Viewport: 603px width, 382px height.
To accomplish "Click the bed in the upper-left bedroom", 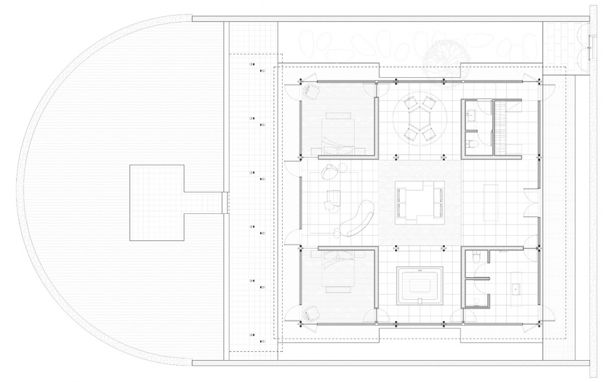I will pyautogui.click(x=340, y=132).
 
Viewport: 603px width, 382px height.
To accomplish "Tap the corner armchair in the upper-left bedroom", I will pyautogui.click(x=310, y=91).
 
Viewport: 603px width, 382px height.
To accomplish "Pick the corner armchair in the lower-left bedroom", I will pyautogui.click(x=310, y=312).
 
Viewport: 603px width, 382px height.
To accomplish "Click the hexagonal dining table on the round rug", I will pyautogui.click(x=420, y=119).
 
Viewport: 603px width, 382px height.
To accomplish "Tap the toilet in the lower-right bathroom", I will pyautogui.click(x=477, y=257).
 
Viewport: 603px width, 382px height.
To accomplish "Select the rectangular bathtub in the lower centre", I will pyautogui.click(x=420, y=286).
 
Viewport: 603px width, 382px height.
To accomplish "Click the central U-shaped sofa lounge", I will pyautogui.click(x=420, y=202).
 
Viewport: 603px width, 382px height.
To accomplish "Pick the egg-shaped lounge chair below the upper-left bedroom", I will pyautogui.click(x=331, y=171).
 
